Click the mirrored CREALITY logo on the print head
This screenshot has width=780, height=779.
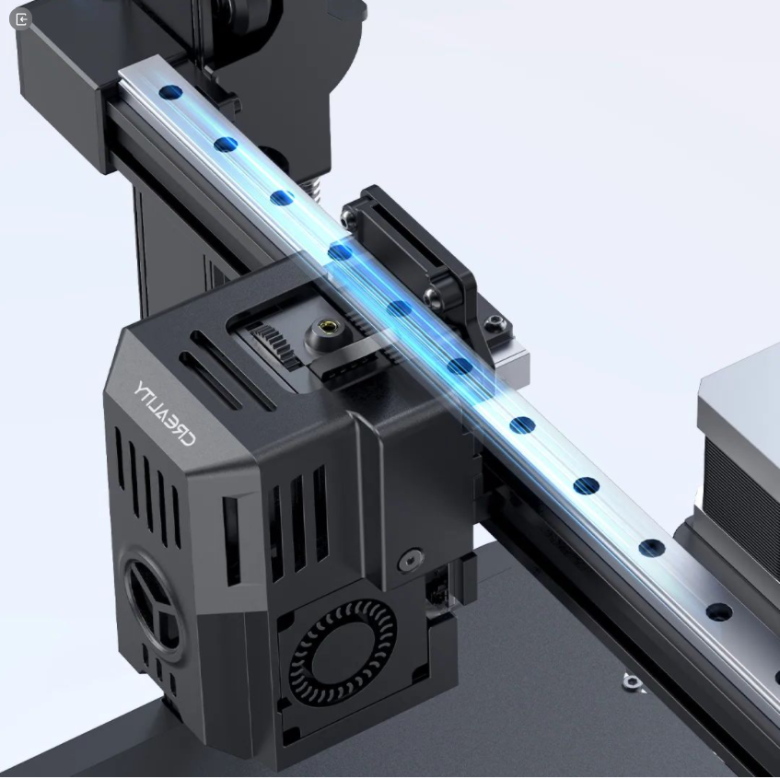point(164,413)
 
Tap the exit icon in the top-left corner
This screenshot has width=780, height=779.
point(21,19)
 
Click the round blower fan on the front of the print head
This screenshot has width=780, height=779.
point(343,652)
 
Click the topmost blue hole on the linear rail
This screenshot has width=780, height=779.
point(170,92)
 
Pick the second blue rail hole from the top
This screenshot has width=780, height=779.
point(226,145)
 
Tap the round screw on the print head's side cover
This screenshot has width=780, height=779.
point(411,560)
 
